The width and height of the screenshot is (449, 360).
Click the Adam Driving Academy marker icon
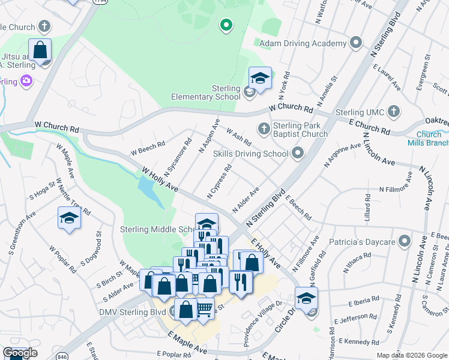[x=356, y=43]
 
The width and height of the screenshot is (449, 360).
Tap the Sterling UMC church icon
[x=393, y=111]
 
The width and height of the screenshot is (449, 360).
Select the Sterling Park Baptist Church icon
[x=264, y=128]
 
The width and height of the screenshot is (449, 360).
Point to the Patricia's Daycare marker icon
[x=405, y=242]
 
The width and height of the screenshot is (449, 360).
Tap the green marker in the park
[x=226, y=25]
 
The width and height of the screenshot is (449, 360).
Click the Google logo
[x=20, y=353]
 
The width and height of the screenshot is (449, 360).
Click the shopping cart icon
[x=205, y=308]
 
